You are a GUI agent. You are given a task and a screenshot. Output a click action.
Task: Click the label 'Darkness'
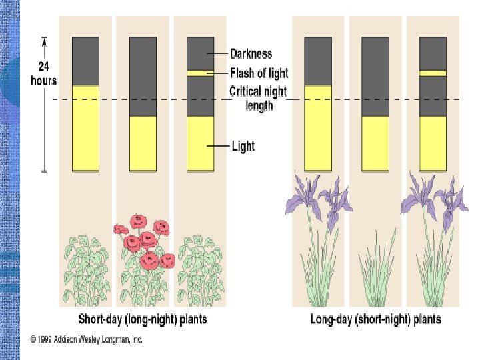tap(251, 54)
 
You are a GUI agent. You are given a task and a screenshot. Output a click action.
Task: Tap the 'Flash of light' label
tap(259, 73)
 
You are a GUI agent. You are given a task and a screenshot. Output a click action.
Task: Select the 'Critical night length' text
tap(259, 98)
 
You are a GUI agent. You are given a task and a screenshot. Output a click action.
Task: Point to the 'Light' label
tap(243, 145)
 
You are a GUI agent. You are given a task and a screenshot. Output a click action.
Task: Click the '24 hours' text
tap(44, 74)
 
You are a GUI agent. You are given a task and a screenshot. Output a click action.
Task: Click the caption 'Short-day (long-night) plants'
tap(143, 319)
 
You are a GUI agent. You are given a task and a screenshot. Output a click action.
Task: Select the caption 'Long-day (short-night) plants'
tap(375, 319)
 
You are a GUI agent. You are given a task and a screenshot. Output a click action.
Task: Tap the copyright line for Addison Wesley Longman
tap(87, 339)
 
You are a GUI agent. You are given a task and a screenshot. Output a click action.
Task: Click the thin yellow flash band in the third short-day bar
tap(200, 73)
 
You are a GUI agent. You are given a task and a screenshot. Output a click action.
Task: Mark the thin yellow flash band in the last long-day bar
tap(433, 73)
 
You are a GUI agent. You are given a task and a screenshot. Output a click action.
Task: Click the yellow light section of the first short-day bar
tap(85, 127)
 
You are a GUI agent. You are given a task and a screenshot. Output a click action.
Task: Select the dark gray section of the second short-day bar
tap(143, 77)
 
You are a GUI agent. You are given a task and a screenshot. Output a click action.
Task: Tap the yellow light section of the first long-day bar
tap(318, 127)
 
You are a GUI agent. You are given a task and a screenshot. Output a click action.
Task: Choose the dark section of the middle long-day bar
tap(375, 77)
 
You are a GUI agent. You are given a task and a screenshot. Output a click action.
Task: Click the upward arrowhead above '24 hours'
tap(44, 41)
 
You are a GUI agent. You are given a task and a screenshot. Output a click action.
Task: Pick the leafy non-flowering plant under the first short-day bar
tap(85, 270)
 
